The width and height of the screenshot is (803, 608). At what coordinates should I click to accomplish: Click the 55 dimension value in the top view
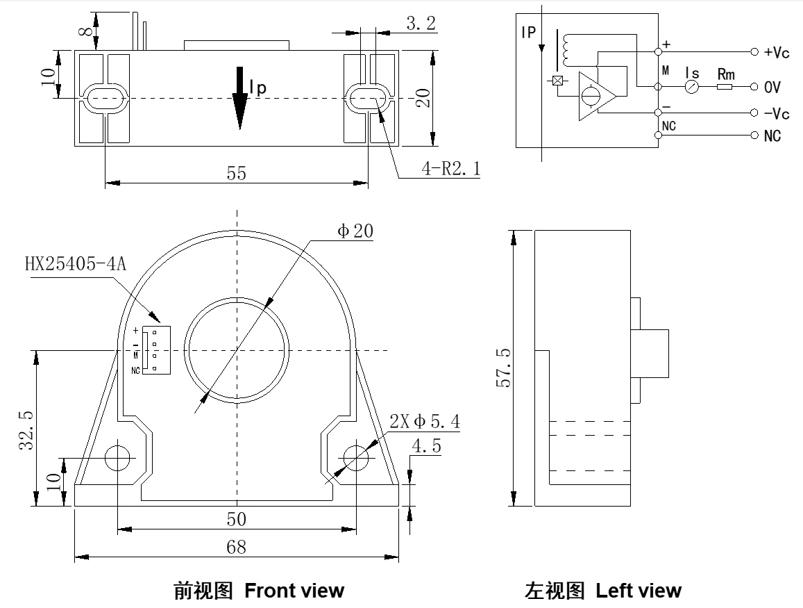(x=237, y=173)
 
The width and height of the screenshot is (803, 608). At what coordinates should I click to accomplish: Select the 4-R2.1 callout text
(x=450, y=168)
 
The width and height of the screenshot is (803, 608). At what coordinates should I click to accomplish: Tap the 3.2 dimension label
(x=421, y=24)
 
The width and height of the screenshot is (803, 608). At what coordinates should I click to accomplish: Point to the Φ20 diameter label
(x=355, y=231)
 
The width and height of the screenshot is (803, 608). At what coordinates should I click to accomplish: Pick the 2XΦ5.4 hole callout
(x=424, y=421)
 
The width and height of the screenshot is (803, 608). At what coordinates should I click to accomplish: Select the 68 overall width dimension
(x=237, y=547)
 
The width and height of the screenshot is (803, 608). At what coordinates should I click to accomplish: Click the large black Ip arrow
(x=239, y=97)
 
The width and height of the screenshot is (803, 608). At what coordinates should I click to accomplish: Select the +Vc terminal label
(x=777, y=53)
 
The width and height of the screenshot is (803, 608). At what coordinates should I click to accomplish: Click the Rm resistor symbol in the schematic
(x=725, y=87)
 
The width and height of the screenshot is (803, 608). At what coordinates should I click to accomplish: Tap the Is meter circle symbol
(x=691, y=87)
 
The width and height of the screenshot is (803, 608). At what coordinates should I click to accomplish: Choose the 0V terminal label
(x=772, y=88)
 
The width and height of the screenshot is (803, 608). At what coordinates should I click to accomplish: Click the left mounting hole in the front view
(x=117, y=457)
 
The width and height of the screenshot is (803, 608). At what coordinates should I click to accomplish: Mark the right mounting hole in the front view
(x=356, y=457)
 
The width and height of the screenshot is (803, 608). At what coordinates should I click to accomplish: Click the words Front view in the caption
(x=294, y=591)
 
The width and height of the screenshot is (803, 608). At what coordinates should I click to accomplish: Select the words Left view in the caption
(x=639, y=591)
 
